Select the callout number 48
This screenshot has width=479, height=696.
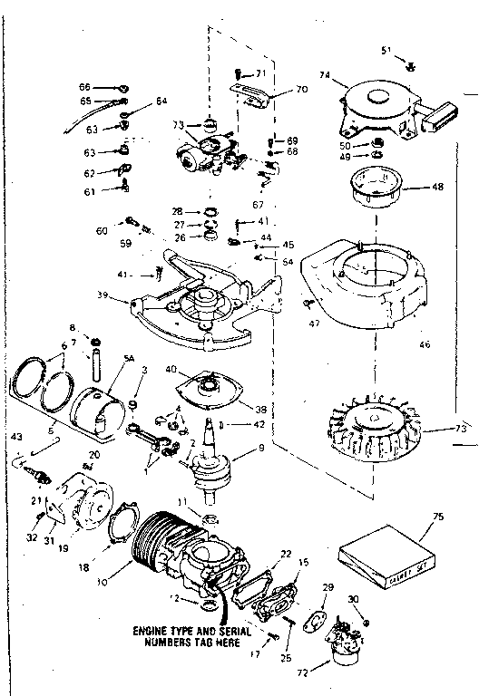pos(438,188)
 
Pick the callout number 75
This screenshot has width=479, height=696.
pos(438,517)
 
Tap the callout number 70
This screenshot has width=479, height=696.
pos(302,90)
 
